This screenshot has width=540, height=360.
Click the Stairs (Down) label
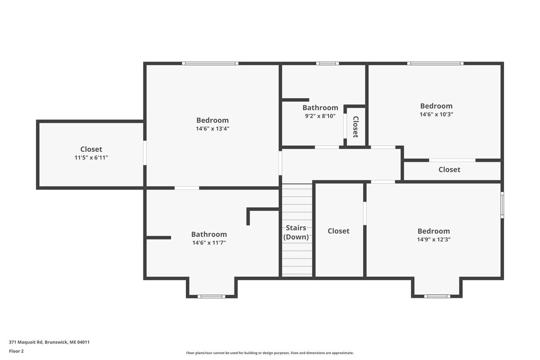click(x=296, y=232)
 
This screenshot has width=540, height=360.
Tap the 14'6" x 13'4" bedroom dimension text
click(x=212, y=129)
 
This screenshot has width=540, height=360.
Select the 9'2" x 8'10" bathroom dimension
click(x=320, y=116)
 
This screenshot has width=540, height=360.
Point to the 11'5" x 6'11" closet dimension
click(x=91, y=157)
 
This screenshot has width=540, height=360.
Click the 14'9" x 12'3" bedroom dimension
click(x=434, y=239)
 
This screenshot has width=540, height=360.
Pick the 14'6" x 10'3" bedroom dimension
click(x=436, y=114)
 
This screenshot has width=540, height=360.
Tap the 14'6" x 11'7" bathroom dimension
click(x=209, y=243)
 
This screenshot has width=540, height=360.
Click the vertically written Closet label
click(x=355, y=127)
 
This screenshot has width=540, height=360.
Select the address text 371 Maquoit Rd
click(x=26, y=342)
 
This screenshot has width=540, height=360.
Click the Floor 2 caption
click(x=16, y=351)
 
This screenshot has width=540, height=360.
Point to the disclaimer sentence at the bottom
click(x=270, y=353)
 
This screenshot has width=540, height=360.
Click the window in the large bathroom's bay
click(x=211, y=297)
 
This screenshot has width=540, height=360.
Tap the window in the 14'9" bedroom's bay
click(x=437, y=297)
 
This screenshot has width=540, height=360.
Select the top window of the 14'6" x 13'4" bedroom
click(x=210, y=63)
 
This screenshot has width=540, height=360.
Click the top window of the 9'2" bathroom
click(x=328, y=63)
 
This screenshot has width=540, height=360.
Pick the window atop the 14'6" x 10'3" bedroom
click(x=436, y=63)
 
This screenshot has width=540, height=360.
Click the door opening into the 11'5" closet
click(x=144, y=153)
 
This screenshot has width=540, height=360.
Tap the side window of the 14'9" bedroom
click(x=502, y=205)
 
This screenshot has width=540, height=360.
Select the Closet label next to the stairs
click(x=338, y=231)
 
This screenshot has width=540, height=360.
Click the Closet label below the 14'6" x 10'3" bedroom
click(x=450, y=170)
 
